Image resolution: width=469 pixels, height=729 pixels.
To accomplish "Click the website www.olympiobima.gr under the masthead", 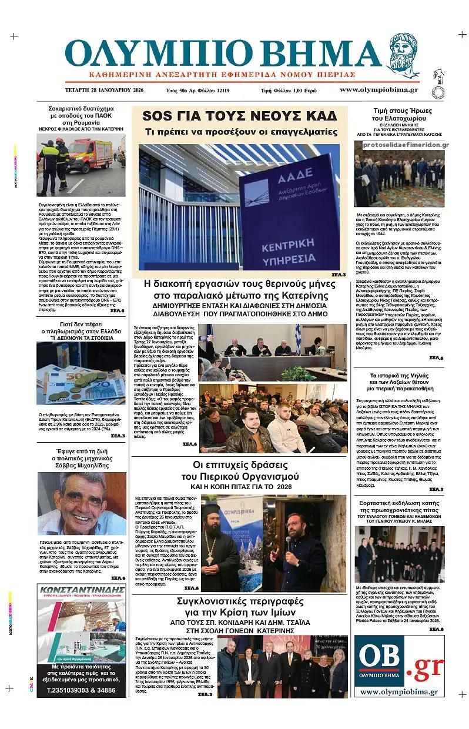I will point(378,89).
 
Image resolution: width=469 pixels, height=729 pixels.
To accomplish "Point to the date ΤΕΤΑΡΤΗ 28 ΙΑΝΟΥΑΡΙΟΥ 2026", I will point(98,90).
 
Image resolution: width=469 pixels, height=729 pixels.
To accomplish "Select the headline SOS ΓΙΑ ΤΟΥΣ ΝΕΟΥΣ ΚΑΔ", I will point(240,115).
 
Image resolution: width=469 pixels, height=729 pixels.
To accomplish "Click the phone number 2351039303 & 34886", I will point(81,690).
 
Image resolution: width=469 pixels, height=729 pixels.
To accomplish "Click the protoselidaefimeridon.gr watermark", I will point(406,145).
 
